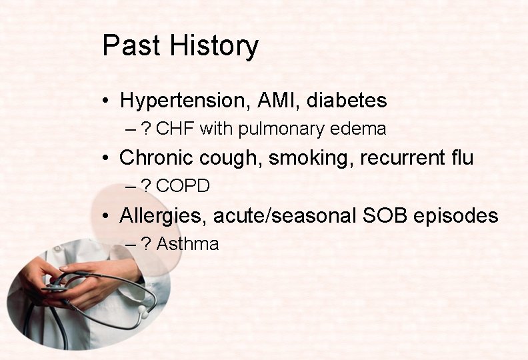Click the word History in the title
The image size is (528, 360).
(214, 47)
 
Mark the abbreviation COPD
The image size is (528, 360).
(183, 187)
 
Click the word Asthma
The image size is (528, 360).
(187, 245)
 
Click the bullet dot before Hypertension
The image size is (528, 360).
(107, 102)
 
